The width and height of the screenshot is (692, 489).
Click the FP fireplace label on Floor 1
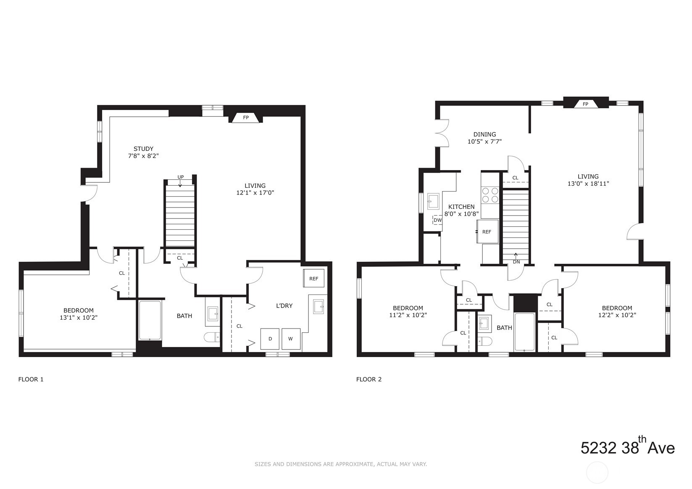tap(246, 118)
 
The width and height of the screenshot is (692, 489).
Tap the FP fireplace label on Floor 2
tap(585, 104)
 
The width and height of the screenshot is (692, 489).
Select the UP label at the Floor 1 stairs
tap(180, 177)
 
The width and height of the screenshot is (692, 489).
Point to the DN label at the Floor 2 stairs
tap(516, 262)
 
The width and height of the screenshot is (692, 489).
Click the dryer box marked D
tap(270, 339)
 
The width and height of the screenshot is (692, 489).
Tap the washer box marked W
tap(291, 339)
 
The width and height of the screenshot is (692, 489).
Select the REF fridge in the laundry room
tap(314, 279)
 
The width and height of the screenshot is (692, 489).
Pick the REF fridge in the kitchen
tap(487, 232)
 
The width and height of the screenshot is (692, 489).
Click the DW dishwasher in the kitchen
tap(437, 220)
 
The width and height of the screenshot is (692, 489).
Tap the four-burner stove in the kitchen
tap(489, 195)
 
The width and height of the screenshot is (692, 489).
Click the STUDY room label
tap(143, 149)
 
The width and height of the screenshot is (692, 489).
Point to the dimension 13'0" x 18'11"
tap(588, 184)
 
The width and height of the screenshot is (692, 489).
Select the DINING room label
tap(484, 134)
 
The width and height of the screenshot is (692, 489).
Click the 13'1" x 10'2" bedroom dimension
tap(79, 318)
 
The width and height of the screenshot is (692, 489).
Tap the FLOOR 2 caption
tap(368, 379)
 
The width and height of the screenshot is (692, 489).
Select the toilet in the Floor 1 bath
tap(211, 337)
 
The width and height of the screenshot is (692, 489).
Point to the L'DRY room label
tap(284, 306)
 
